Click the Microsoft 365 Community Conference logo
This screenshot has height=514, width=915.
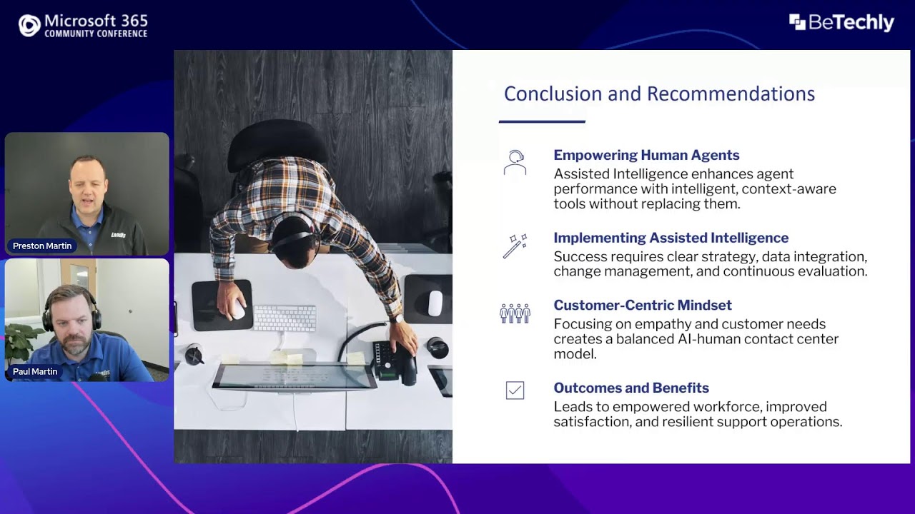[82, 25]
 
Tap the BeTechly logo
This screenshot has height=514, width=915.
[841, 23]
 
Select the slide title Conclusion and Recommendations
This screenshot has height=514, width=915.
[659, 94]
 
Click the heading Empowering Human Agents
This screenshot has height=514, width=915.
[646, 155]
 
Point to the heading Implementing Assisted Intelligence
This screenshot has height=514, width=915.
[671, 238]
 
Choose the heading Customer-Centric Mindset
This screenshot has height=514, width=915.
[642, 305]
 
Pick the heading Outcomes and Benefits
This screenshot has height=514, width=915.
[630, 388]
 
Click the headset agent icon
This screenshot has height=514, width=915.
[515, 162]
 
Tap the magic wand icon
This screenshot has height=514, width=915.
[515, 246]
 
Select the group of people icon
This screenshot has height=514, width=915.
[515, 313]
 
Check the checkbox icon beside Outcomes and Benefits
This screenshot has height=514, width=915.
[515, 390]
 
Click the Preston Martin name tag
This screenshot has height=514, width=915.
[42, 246]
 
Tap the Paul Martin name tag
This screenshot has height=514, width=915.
[35, 371]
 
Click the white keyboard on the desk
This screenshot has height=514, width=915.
[285, 318]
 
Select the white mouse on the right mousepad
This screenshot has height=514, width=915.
[435, 303]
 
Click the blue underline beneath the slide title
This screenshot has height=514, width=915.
[542, 121]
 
